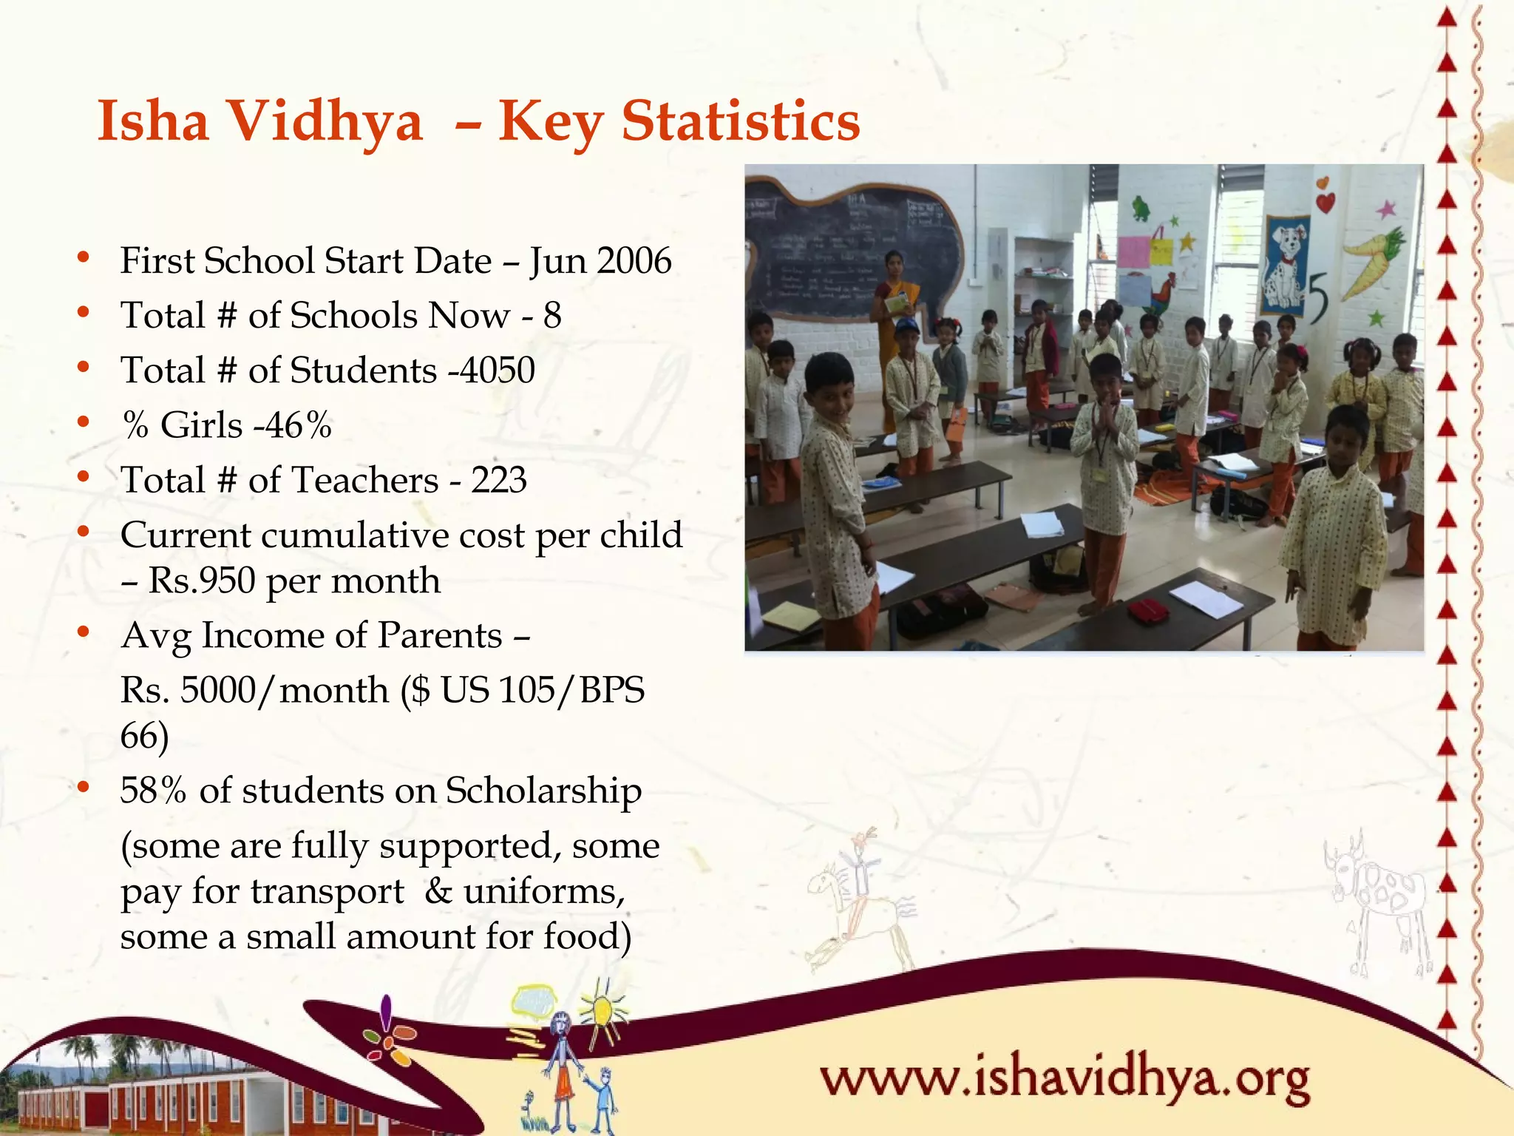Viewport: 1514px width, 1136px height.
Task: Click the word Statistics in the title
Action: pyautogui.click(x=741, y=121)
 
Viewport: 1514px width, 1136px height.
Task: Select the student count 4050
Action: pyautogui.click(x=498, y=370)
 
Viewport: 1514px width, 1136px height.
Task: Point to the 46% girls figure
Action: pyautogui.click(x=296, y=425)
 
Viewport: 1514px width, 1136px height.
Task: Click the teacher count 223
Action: pyautogui.click(x=499, y=480)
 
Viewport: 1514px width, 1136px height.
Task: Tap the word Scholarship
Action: pyautogui.click(x=543, y=791)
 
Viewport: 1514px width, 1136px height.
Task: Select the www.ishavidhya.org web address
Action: pyautogui.click(x=1065, y=1080)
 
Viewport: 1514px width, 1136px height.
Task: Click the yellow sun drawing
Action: pyautogui.click(x=602, y=1010)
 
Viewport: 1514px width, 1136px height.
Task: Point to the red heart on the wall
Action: pyautogui.click(x=1325, y=201)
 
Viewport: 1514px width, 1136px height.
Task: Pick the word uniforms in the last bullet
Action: pyautogui.click(x=543, y=891)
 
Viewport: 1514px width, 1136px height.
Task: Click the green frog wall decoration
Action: pyautogui.click(x=1141, y=207)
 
